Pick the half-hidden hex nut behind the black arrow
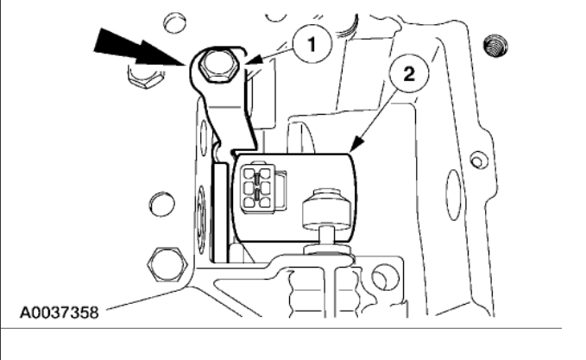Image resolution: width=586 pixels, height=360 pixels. [x=141, y=83]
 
